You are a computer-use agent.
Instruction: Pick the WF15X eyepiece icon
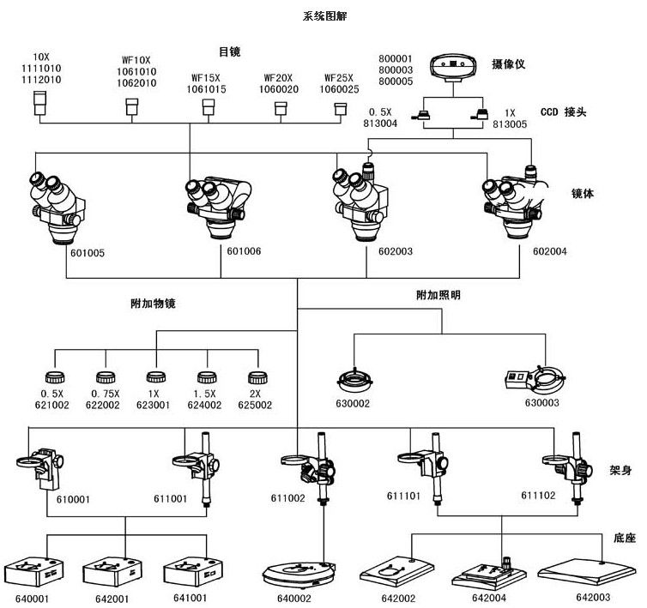pyautogui.click(x=208, y=107)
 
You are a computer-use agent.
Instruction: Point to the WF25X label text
pyautogui.click(x=339, y=77)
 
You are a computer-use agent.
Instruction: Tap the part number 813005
pyautogui.click(x=511, y=123)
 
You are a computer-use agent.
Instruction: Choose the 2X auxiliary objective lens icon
pyautogui.click(x=256, y=377)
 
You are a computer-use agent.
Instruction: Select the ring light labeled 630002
pyautogui.click(x=354, y=378)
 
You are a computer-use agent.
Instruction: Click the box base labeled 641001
pyautogui.click(x=187, y=570)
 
